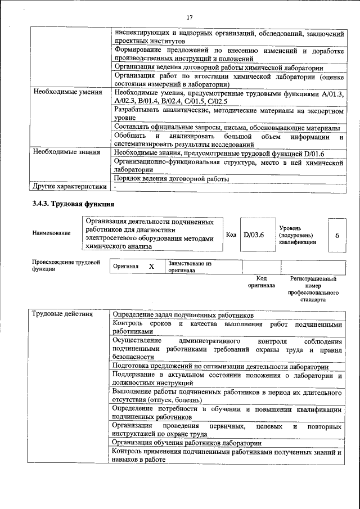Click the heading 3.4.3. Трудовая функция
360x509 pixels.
(73, 204)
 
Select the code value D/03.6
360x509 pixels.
(254, 234)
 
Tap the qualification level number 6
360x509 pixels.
(336, 235)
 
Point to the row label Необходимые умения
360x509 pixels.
(68, 92)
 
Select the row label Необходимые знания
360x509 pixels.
(66, 152)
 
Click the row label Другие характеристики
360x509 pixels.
(69, 186)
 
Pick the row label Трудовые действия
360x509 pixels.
(62, 314)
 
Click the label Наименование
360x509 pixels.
(51, 233)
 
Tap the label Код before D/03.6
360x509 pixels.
(231, 235)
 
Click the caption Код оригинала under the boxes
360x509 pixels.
(261, 282)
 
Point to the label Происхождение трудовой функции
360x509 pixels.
(66, 265)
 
